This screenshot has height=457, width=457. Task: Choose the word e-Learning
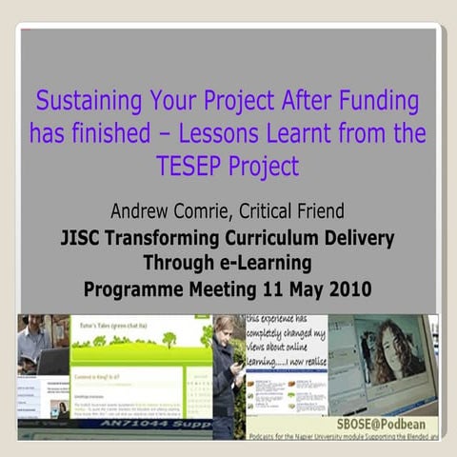point(261,261)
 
